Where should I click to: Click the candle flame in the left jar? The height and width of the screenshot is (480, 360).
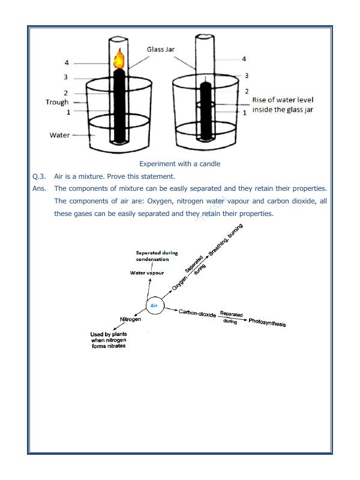[119, 59]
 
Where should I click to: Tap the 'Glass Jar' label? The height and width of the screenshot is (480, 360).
[161, 49]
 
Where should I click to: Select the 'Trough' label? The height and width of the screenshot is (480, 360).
[57, 102]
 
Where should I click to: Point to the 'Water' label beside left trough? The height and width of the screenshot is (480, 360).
[59, 135]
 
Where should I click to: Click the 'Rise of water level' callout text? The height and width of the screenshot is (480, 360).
[283, 100]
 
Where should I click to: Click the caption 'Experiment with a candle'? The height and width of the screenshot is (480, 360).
[179, 164]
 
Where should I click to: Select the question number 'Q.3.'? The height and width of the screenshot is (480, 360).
[39, 176]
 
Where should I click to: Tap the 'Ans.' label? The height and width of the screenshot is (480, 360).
[40, 188]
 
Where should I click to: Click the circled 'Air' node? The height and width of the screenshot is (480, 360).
[154, 305]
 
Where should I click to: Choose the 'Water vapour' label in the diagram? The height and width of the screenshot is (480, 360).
[147, 273]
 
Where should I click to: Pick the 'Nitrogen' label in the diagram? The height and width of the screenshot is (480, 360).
[130, 319]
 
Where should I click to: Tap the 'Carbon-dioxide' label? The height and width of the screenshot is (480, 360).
[197, 313]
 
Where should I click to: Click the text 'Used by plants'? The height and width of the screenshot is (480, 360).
[109, 334]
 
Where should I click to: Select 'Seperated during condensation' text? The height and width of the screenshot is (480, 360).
[157, 256]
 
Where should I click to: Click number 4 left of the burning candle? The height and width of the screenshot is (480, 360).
[67, 62]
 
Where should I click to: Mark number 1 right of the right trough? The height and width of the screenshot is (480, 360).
[244, 112]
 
